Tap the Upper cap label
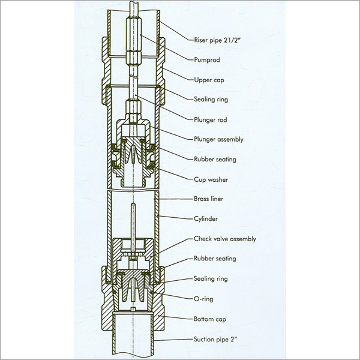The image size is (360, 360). (211, 80)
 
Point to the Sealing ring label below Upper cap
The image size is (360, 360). (213, 100)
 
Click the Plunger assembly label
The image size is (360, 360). (218, 139)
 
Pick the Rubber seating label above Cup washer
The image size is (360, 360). (215, 159)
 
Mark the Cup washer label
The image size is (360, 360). (212, 179)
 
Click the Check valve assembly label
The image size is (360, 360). (224, 239)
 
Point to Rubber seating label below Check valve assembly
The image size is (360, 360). (215, 259)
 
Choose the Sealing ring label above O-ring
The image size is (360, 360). (213, 278)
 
